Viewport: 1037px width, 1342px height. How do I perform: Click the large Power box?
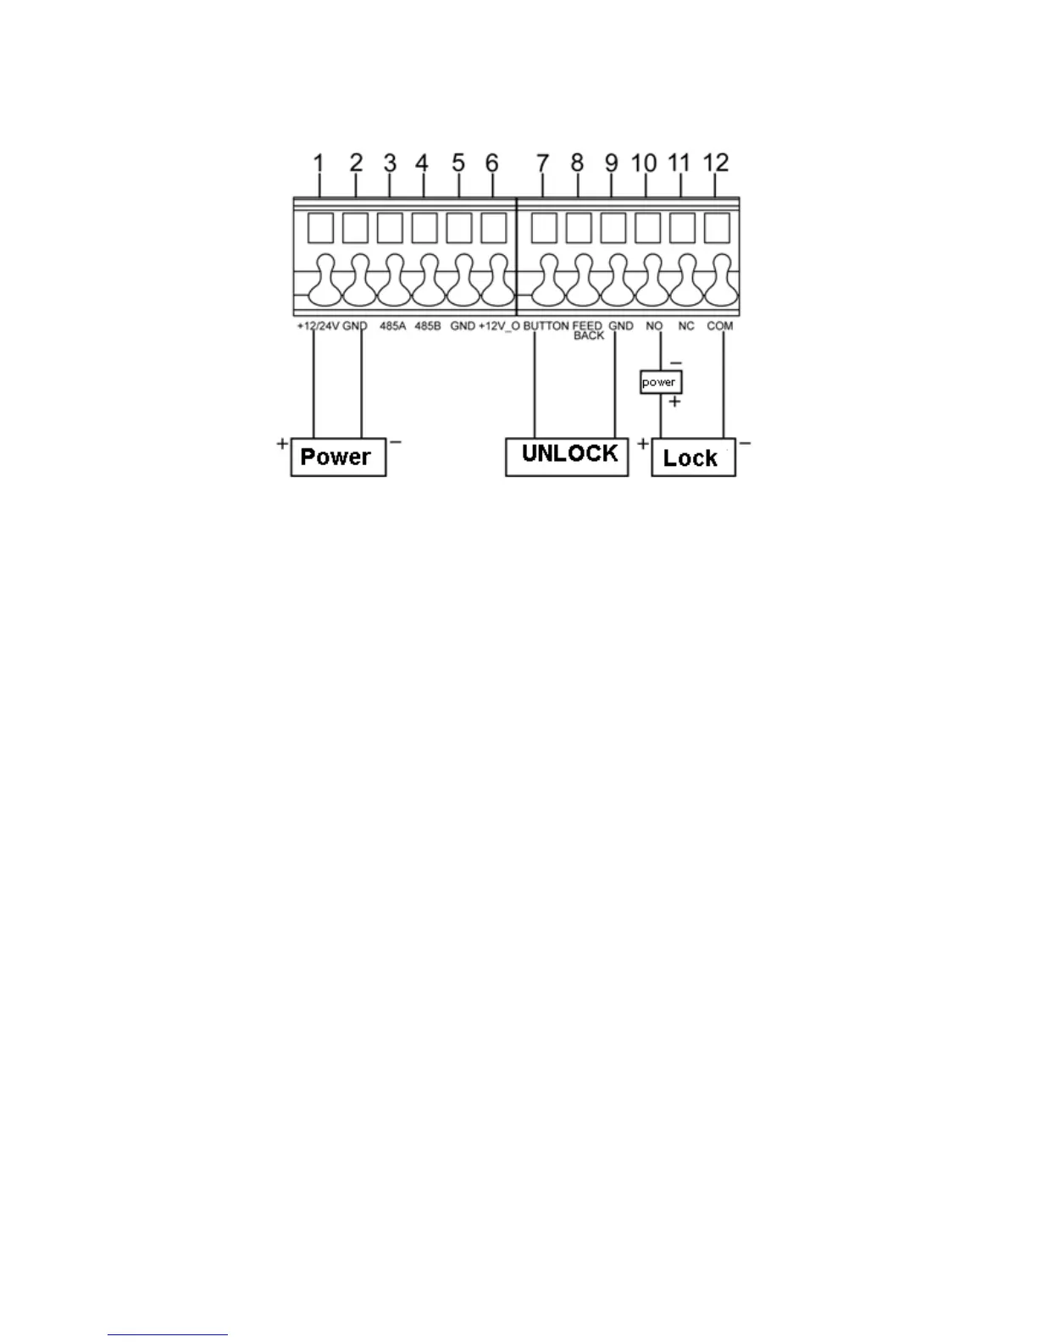tap(338, 457)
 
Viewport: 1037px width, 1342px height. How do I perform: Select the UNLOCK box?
tap(567, 456)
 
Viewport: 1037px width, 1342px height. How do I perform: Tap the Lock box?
tap(693, 457)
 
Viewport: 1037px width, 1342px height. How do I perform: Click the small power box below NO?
tap(660, 382)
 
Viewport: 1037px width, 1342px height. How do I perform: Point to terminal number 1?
tap(319, 163)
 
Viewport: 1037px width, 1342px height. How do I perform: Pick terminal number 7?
tap(542, 163)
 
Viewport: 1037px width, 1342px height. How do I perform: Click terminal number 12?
tap(716, 163)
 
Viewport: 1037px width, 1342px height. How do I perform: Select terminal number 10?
tap(645, 163)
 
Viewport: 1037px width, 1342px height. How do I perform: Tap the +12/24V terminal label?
tap(318, 326)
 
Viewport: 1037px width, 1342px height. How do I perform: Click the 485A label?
tap(393, 326)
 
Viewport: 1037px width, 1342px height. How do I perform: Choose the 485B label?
tap(428, 326)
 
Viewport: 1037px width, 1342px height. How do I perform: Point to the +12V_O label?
tap(499, 326)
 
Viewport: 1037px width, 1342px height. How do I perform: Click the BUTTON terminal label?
tap(546, 326)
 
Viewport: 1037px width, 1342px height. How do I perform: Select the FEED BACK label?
tap(588, 330)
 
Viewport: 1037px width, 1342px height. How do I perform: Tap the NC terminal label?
tap(686, 326)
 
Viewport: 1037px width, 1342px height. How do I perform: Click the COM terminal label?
tap(719, 326)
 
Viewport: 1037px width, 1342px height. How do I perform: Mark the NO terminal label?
tap(654, 326)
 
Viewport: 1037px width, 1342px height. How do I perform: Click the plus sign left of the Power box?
tap(282, 443)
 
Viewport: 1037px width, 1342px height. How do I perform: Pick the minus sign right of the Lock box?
tap(746, 443)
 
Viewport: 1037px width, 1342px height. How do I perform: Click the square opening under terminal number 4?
tap(424, 227)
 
